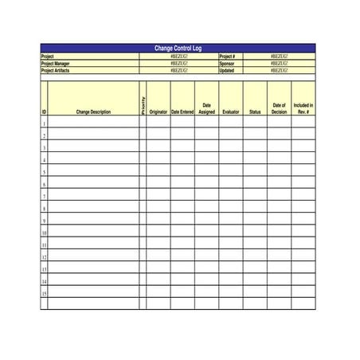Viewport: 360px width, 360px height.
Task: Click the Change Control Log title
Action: point(178,49)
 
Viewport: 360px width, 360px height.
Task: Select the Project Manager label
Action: point(56,64)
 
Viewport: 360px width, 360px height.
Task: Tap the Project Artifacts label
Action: point(57,70)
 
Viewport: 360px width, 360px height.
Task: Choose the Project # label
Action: point(228,57)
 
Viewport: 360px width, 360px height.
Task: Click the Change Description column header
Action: point(93,112)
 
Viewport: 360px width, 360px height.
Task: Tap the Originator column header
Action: point(158,112)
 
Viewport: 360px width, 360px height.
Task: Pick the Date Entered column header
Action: point(182,112)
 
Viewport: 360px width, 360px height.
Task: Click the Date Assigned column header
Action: point(206,108)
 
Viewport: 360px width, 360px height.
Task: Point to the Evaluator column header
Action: point(231,112)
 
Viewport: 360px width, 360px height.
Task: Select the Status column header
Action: point(255,112)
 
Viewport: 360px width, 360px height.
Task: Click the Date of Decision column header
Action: point(279,108)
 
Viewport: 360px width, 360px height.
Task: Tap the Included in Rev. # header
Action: point(303,108)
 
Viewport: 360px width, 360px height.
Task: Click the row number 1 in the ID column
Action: point(44,123)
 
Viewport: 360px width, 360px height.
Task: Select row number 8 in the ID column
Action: point(44,209)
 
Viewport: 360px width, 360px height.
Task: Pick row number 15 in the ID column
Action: point(44,293)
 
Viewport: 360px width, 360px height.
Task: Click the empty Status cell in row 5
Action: point(255,172)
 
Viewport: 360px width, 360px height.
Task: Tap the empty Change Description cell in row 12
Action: point(93,257)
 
